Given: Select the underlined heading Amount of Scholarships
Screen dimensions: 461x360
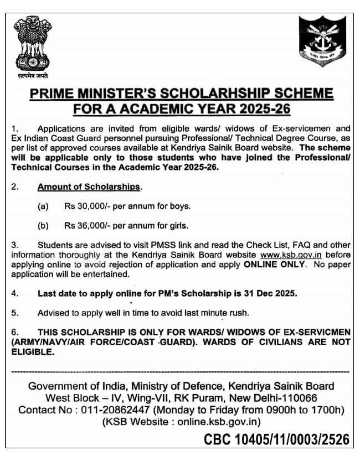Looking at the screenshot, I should (89, 187).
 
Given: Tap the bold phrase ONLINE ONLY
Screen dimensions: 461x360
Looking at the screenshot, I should (274, 265).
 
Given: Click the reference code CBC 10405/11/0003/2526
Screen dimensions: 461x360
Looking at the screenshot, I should (276, 440).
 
